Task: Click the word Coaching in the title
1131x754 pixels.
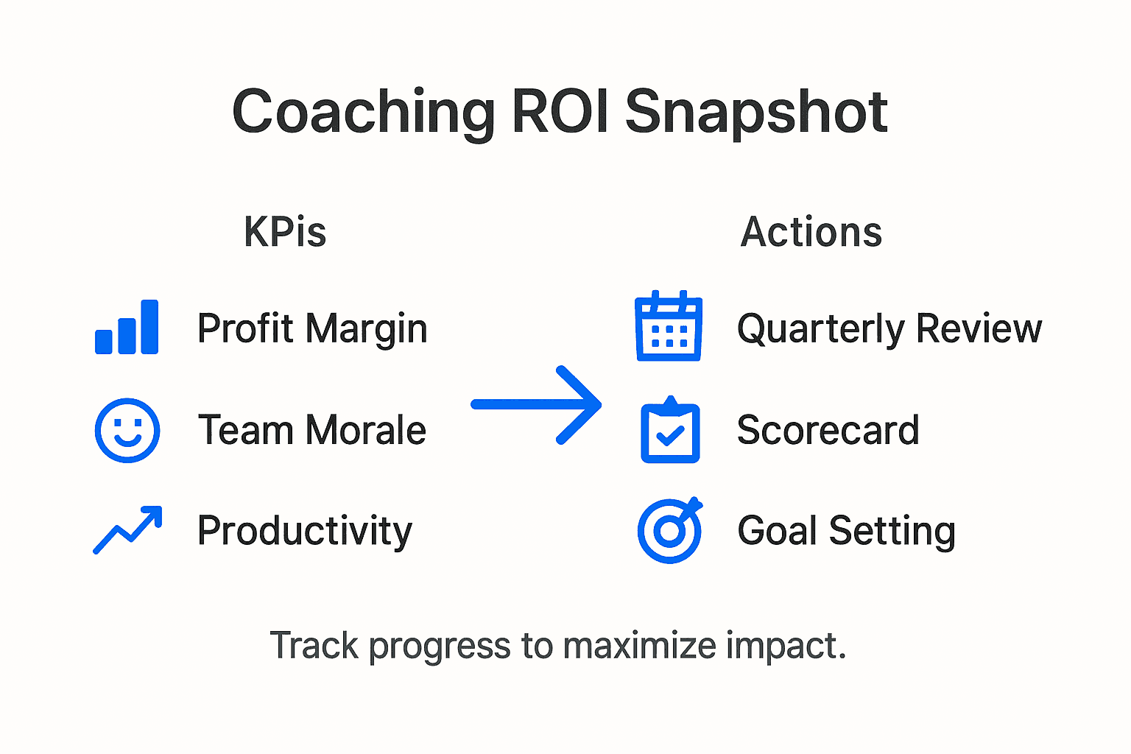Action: click(364, 112)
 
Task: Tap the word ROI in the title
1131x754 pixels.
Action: click(560, 112)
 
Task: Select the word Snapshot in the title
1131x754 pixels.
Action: click(756, 112)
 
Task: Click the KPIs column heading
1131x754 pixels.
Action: click(285, 232)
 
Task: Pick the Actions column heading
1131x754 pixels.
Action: click(811, 232)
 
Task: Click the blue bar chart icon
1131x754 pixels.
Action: click(127, 328)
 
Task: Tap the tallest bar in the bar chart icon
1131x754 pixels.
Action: click(149, 327)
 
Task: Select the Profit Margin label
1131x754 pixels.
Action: click(312, 328)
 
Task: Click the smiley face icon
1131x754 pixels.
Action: click(127, 431)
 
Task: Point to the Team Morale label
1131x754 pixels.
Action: click(312, 430)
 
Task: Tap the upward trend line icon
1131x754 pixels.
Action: click(127, 530)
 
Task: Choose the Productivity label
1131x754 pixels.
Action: click(305, 531)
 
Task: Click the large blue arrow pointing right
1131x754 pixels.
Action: click(537, 404)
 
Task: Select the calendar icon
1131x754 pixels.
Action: click(669, 327)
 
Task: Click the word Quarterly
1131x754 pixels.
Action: click(820, 328)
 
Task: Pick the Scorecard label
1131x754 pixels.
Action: click(828, 430)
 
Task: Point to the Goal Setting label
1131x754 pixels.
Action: click(847, 531)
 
